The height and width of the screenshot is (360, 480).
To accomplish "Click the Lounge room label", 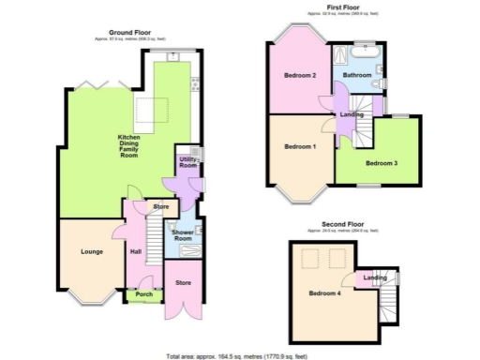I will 91,251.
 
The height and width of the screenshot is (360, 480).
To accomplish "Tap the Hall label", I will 135,251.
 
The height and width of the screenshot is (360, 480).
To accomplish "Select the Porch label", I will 144,294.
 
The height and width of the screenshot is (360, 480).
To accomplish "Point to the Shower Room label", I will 182,235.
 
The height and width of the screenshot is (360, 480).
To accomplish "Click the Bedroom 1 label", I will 300,146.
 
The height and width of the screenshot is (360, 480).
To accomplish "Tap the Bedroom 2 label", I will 300,75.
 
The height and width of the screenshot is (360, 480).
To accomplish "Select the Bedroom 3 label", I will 382,163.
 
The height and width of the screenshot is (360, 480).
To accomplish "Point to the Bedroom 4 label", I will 324,293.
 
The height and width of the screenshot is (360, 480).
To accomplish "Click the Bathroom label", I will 357,74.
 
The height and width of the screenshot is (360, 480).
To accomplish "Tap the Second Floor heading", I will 342,225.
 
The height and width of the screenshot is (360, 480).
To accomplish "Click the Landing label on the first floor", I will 352,114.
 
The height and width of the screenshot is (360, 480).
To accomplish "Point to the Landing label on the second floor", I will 375,277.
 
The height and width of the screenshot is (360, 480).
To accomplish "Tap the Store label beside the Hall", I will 161,206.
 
